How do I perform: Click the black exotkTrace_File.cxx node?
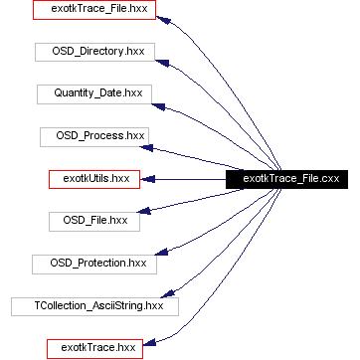(284, 179)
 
